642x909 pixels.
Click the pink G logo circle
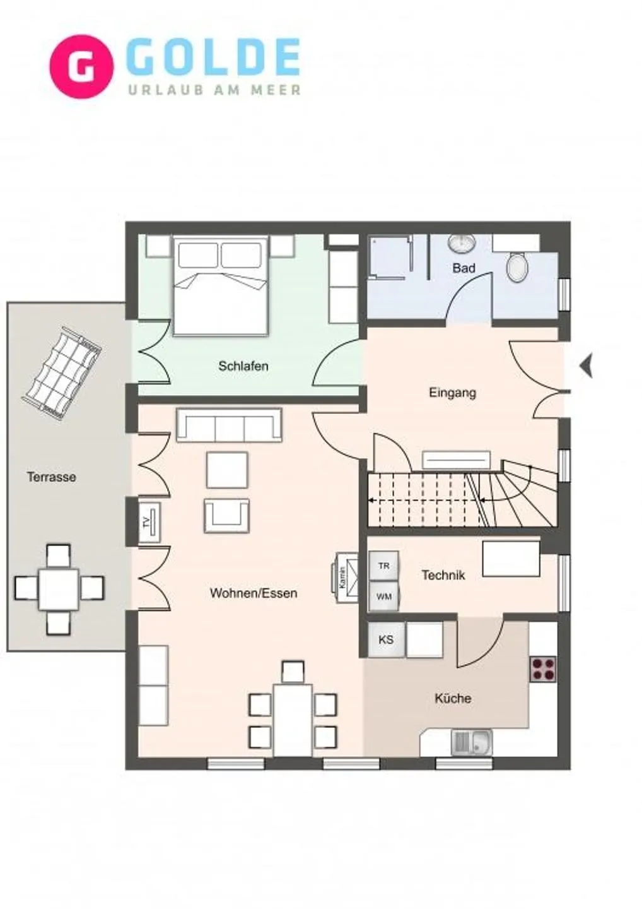(81, 67)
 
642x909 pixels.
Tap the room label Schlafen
(243, 366)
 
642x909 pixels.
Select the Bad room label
(464, 268)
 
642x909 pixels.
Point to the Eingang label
(452, 393)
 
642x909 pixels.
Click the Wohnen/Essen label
(253, 593)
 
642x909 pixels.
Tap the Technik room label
(443, 575)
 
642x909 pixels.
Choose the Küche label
(453, 698)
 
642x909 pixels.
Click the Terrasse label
(51, 477)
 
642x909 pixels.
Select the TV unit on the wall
(149, 523)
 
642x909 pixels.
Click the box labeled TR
(383, 566)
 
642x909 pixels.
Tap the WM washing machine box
(383, 597)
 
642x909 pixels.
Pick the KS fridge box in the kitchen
(386, 639)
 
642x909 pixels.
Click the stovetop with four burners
(543, 669)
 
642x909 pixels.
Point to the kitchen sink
(472, 742)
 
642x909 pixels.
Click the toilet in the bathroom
(517, 267)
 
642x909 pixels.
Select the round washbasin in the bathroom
(462, 242)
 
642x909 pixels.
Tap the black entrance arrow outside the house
(587, 365)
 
